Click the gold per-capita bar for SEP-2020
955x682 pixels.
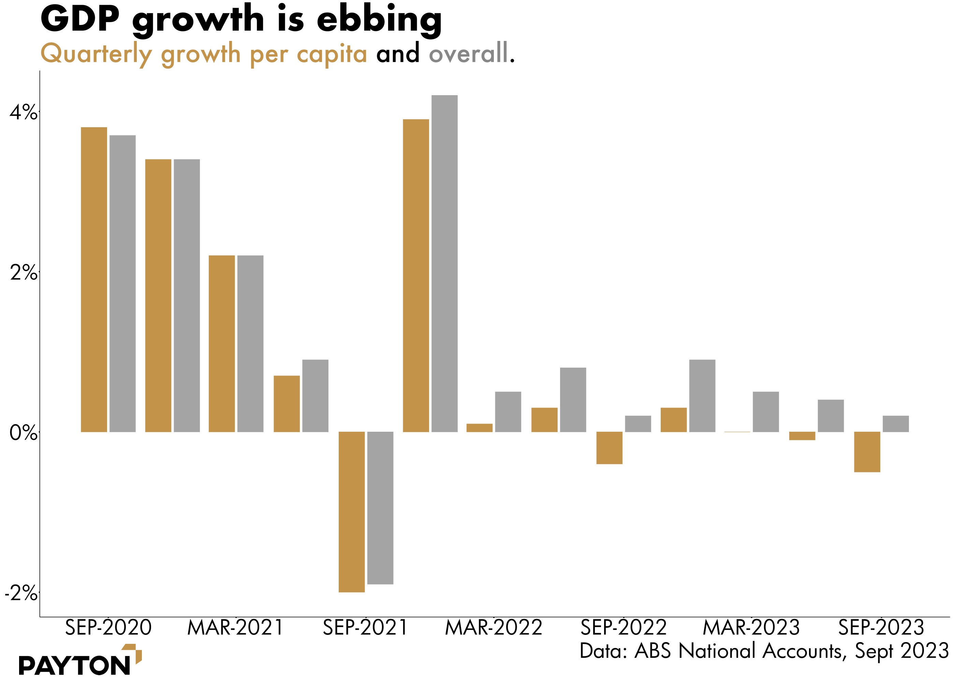tap(94, 279)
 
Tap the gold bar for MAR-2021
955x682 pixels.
tap(222, 343)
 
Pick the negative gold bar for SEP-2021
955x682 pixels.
tap(352, 512)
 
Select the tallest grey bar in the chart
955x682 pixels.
tap(444, 263)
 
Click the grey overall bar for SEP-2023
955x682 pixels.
tap(895, 424)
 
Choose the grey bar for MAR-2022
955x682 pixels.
tap(508, 412)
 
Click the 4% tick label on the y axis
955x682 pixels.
tap(23, 113)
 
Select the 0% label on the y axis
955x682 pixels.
tap(23, 432)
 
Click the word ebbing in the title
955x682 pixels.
tap(379, 20)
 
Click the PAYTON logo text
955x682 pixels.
tap(74, 665)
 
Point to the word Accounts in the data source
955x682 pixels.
tap(802, 651)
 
